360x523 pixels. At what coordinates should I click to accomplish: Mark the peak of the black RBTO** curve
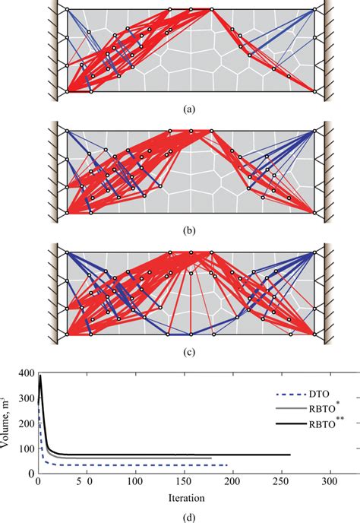40,376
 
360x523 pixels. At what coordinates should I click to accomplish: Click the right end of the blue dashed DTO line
226,465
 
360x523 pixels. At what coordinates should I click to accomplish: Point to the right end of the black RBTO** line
289,455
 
